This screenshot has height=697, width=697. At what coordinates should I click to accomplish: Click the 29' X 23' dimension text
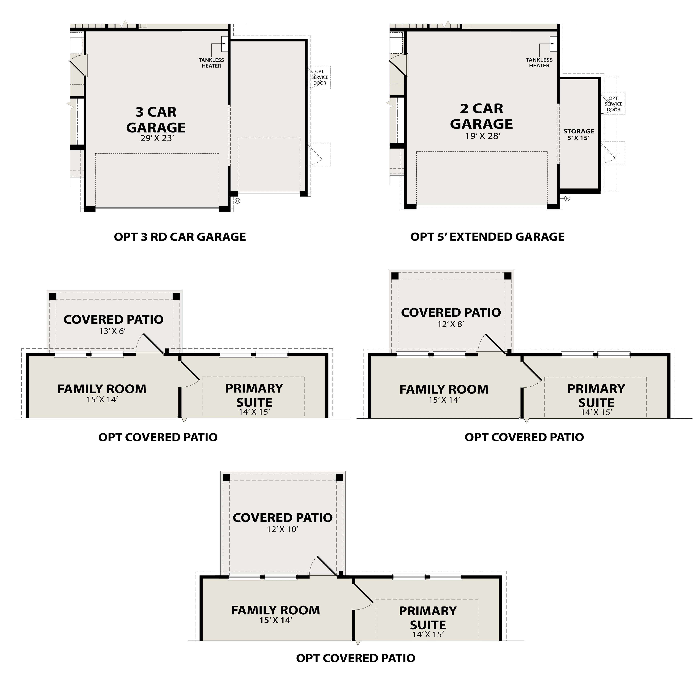157,138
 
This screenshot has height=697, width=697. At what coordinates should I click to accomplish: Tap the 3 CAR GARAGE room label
156,120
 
